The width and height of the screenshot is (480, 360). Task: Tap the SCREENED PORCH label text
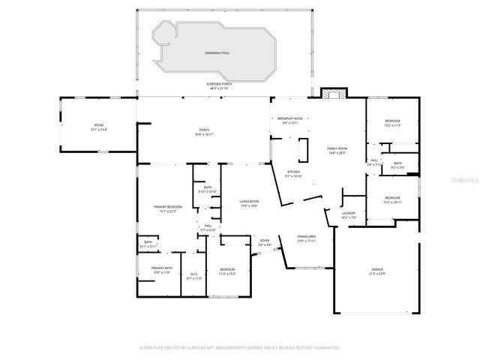[219, 84]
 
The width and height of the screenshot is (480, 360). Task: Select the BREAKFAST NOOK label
[289, 118]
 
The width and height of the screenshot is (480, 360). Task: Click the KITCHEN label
[293, 172]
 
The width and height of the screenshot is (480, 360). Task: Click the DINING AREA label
[306, 236]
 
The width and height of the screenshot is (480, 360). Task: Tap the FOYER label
[264, 241]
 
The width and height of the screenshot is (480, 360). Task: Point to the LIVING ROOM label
[249, 202]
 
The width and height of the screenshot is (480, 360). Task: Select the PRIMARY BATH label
[162, 268]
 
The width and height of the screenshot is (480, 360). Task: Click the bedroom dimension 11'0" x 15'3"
[227, 273]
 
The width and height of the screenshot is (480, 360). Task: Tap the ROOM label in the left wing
[98, 124]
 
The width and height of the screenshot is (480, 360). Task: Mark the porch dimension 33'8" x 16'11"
[204, 135]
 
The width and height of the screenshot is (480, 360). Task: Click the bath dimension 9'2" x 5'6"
[397, 166]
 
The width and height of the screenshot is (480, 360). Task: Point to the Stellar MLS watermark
[463, 180]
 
